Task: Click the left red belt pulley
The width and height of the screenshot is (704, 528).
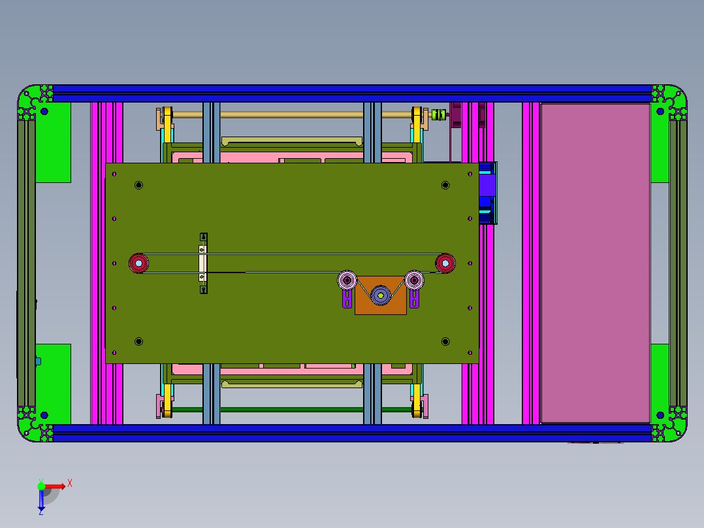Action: (138, 263)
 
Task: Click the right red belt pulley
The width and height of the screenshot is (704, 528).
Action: (445, 263)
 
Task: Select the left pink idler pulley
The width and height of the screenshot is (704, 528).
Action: (347, 280)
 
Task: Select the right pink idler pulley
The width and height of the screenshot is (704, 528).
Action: (414, 280)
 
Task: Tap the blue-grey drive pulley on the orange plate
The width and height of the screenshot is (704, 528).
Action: (380, 295)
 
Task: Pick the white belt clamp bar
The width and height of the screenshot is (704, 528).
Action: (202, 263)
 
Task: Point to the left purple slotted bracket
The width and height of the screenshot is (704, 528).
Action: (346, 299)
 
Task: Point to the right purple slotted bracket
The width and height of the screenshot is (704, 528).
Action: (414, 299)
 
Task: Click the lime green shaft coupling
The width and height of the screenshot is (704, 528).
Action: (439, 115)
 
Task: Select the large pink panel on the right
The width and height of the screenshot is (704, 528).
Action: (594, 261)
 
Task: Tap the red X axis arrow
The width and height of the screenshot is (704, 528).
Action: (57, 486)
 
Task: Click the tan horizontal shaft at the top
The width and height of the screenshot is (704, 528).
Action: (291, 115)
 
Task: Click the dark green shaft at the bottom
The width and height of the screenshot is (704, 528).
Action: (291, 410)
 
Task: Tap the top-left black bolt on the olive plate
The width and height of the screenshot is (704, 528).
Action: (138, 186)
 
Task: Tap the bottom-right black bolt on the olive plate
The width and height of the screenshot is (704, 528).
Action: (445, 341)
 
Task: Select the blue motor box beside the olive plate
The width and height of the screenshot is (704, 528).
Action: (487, 193)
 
